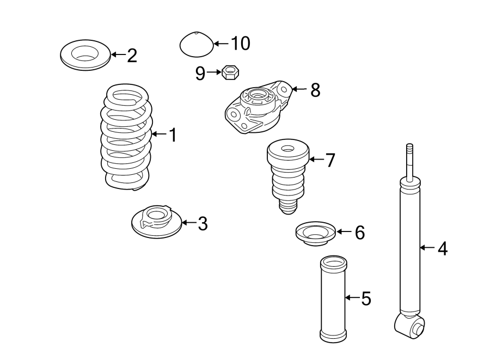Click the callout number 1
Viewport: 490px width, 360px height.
pos(173,135)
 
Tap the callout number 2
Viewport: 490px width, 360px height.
pos(132,55)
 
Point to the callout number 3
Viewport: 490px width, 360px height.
pos(203,223)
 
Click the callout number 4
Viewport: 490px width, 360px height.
pos(442,249)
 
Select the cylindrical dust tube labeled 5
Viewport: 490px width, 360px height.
pos(333,299)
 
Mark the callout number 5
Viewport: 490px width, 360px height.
pos(366,298)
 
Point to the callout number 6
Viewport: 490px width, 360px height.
pos(359,233)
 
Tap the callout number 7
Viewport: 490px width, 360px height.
pos(330,160)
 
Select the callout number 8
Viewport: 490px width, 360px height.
pos(315,90)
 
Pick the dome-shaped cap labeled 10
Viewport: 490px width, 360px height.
pos(196,44)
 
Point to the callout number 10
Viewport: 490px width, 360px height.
pos(240,44)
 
